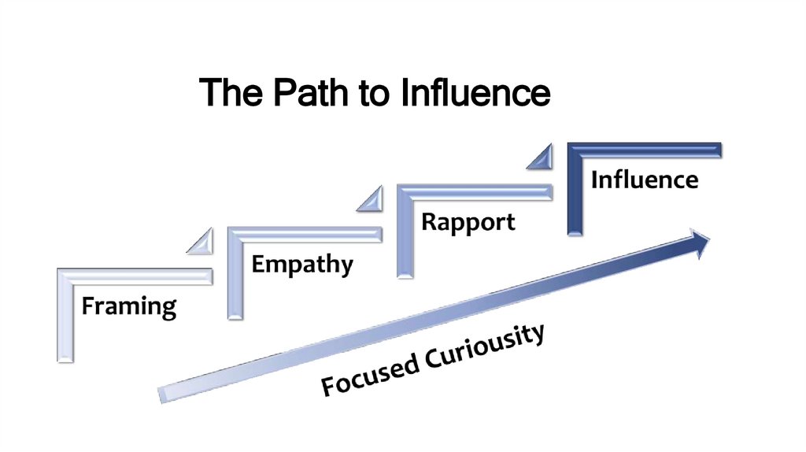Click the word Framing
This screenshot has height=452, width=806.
point(129,306)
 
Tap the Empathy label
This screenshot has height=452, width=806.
point(302,264)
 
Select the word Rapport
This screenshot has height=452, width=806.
point(468,221)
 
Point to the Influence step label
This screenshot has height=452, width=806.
point(644,180)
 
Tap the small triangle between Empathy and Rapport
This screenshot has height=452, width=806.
point(371,199)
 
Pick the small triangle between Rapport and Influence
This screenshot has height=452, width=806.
point(541,157)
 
